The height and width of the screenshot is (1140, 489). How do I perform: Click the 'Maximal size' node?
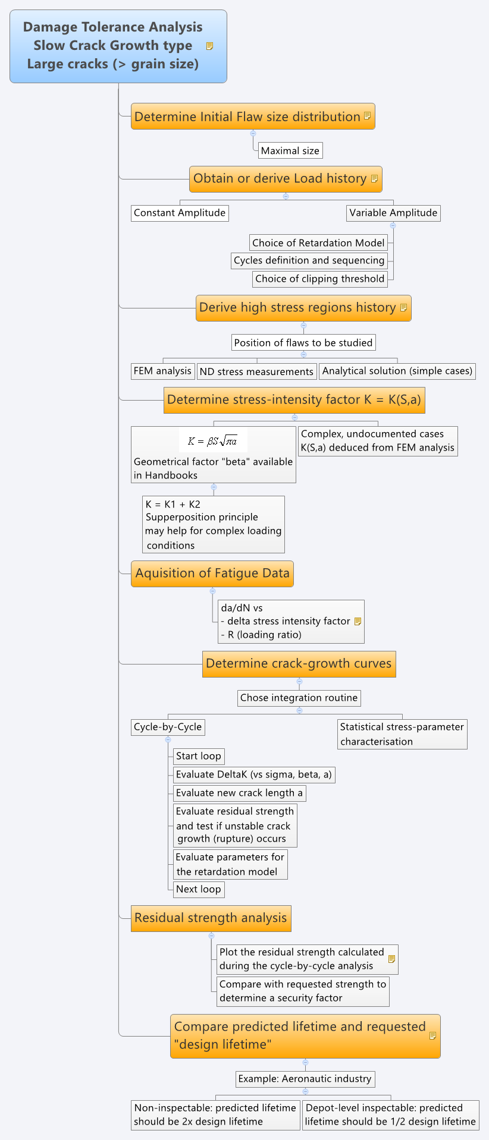coord(290,150)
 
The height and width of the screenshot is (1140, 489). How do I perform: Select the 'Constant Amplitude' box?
coord(180,213)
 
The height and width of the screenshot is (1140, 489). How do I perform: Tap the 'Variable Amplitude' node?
coord(393,213)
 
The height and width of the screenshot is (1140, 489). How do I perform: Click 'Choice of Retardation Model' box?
coord(319,243)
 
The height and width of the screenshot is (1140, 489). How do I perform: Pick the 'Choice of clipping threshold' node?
coord(320,279)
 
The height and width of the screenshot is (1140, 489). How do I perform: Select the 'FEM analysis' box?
coord(163,371)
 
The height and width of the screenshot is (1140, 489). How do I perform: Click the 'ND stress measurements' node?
coord(257,371)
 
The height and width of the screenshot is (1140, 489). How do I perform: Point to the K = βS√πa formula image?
coord(213,441)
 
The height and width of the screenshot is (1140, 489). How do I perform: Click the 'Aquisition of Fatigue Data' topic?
coord(212,574)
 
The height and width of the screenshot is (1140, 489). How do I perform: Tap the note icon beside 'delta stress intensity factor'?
coord(358,621)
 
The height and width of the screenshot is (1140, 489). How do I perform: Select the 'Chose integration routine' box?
coord(299,698)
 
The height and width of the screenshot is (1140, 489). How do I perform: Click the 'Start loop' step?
coord(199,756)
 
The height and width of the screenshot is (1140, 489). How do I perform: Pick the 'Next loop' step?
coord(199,889)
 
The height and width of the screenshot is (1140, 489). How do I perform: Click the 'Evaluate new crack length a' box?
coord(240,793)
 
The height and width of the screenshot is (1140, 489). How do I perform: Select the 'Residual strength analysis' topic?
coord(211,918)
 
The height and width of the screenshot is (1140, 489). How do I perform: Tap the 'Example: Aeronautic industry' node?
coord(305,1079)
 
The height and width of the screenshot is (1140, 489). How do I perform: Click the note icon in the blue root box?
coord(209,46)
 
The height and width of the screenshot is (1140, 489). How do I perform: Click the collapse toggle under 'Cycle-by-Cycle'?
coord(168,739)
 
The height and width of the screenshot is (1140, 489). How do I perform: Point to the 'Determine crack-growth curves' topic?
coord(299,664)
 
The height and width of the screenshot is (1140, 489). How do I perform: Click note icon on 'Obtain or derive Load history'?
coord(374,178)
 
